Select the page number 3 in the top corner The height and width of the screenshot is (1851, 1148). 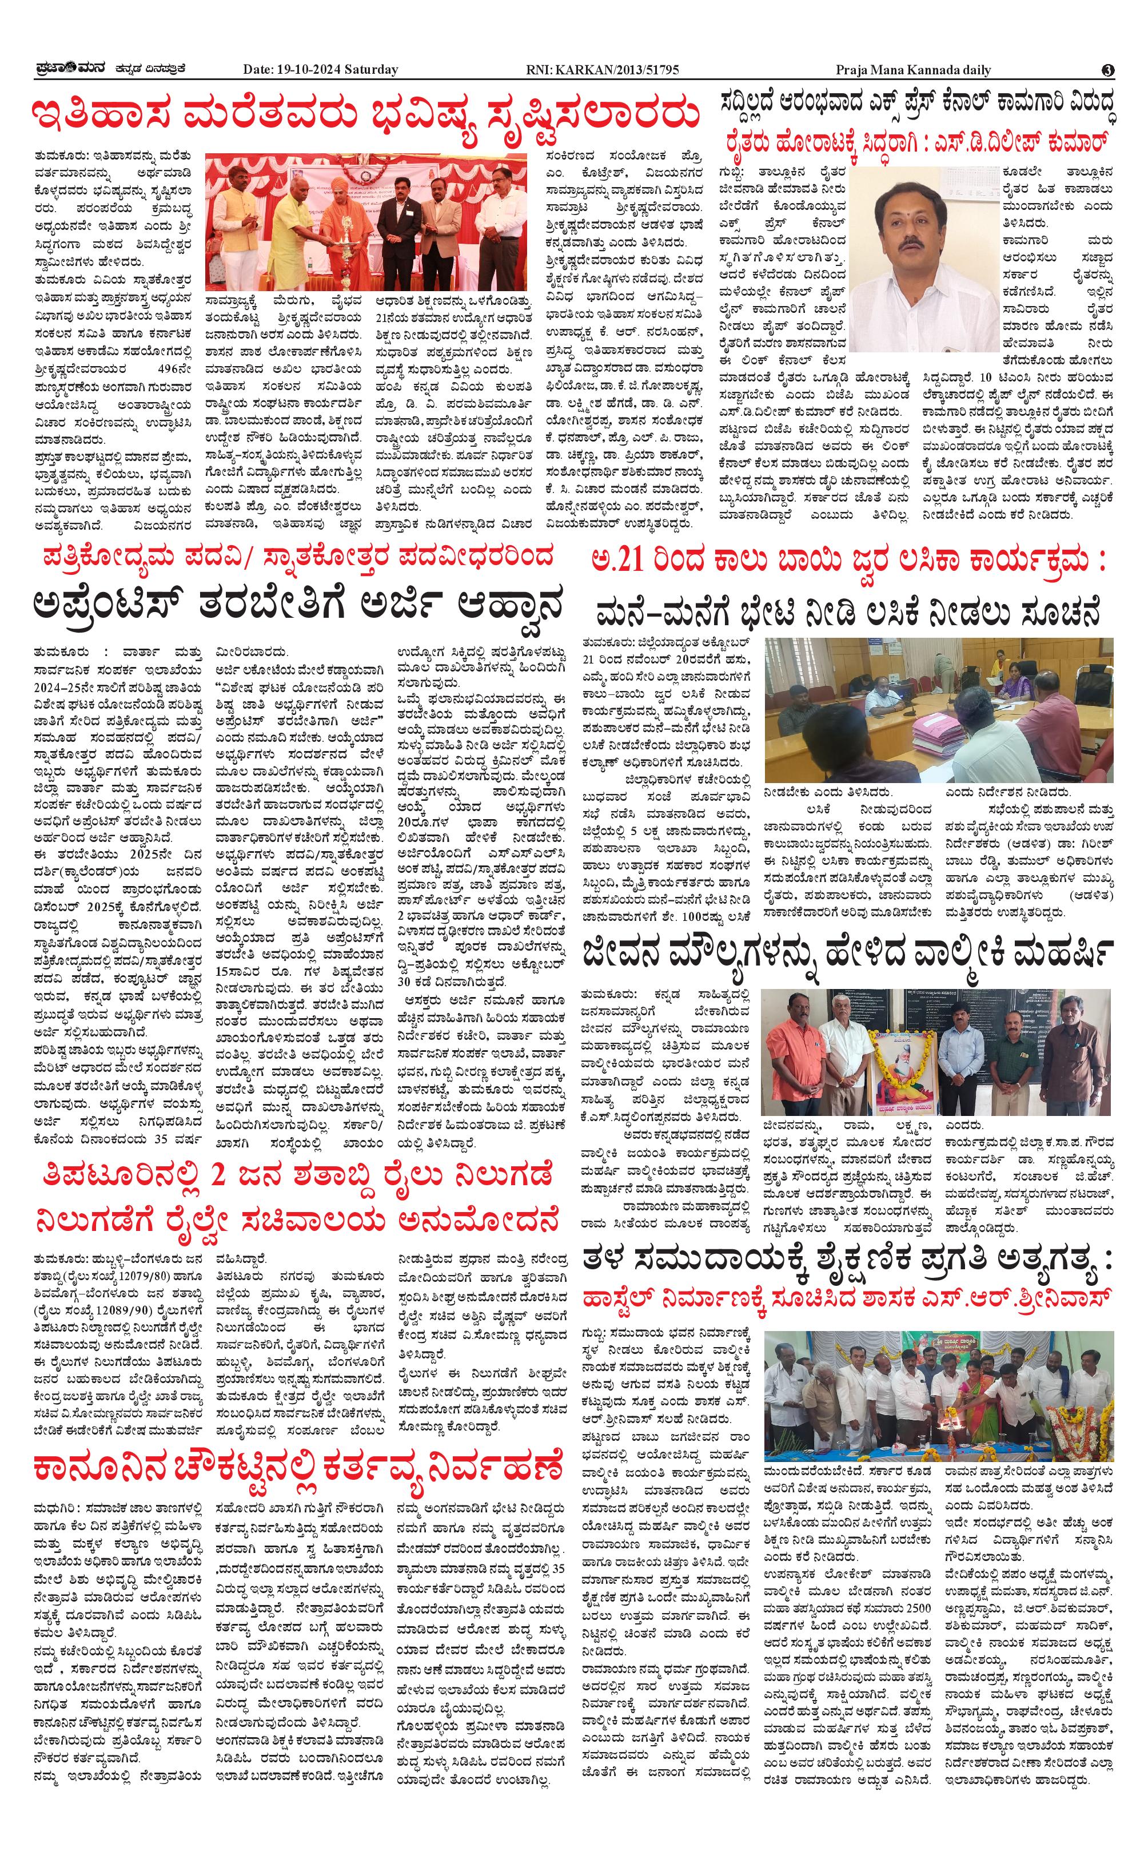pyautogui.click(x=1108, y=70)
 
